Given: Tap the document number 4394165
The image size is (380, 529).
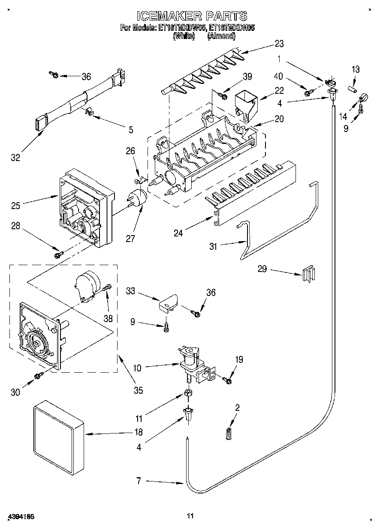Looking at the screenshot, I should pyautogui.click(x=21, y=516).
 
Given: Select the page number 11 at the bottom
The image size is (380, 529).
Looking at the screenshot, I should pyautogui.click(x=190, y=516).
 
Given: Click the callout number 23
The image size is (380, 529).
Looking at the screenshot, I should pyautogui.click(x=279, y=43).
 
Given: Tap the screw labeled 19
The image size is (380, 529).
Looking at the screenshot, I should pyautogui.click(x=228, y=379).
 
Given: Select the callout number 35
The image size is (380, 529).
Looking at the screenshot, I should pyautogui.click(x=138, y=390).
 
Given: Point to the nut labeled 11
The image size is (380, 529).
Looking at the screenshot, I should pyautogui.click(x=188, y=393).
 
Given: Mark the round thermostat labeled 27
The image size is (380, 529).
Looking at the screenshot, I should pyautogui.click(x=138, y=197).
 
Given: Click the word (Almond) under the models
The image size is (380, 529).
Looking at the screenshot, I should pyautogui.click(x=221, y=37).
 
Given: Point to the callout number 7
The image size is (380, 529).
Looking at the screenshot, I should pyautogui.click(x=139, y=481).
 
